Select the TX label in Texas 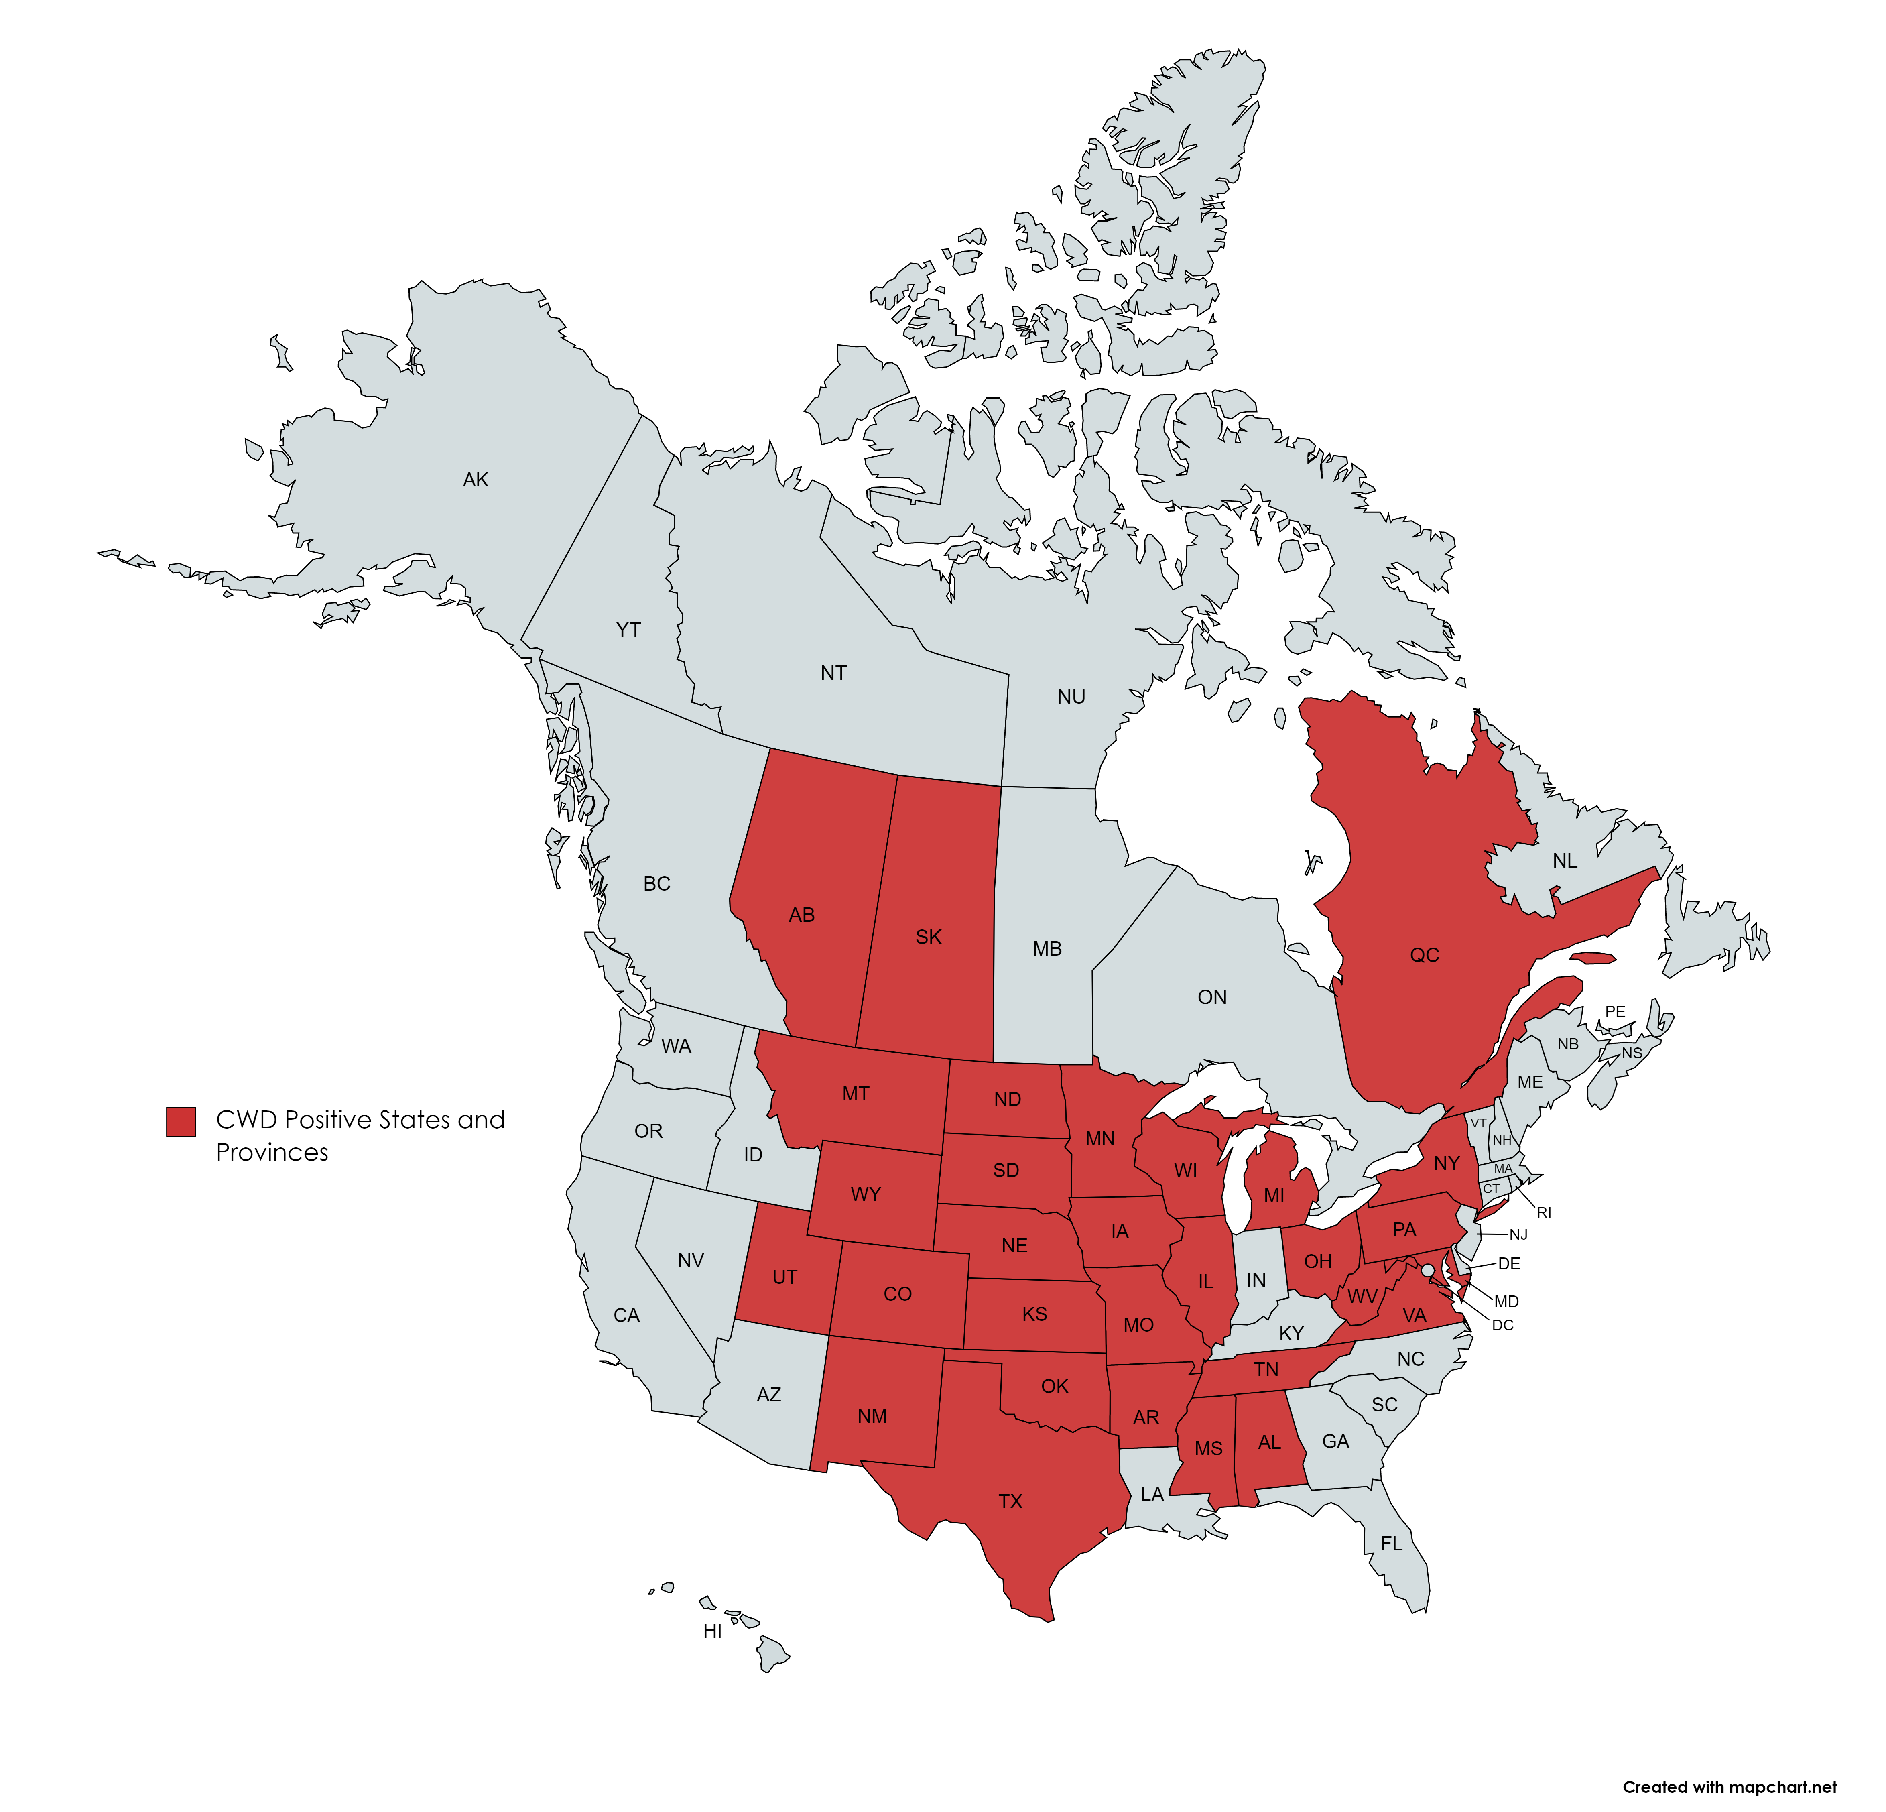pyautogui.click(x=1010, y=1501)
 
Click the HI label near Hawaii pyautogui.click(x=712, y=1631)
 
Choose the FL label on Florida pyautogui.click(x=1391, y=1544)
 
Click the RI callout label pyautogui.click(x=1545, y=1214)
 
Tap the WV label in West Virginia pyautogui.click(x=1362, y=1297)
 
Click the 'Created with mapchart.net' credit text pyautogui.click(x=1729, y=1787)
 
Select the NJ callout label pyautogui.click(x=1518, y=1234)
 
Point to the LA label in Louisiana pyautogui.click(x=1152, y=1495)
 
